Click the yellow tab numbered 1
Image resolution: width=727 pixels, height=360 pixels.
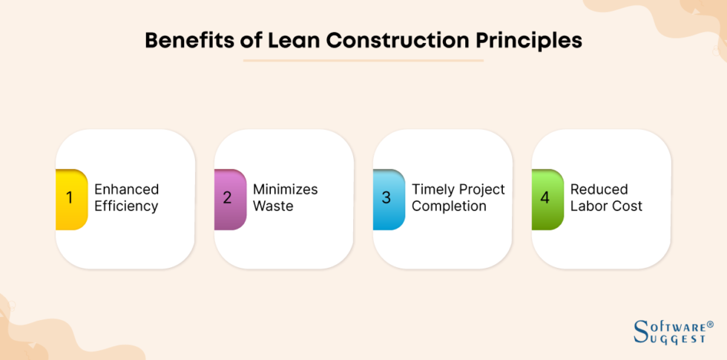(70, 198)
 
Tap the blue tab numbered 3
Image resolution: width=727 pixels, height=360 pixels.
(387, 198)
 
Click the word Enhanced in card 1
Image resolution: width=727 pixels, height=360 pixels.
(127, 189)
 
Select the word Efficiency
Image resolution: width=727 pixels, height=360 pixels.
(126, 206)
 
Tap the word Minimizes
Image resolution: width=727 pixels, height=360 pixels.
(285, 189)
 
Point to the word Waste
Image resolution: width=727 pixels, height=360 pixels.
(273, 206)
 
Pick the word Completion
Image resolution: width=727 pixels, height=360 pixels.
(449, 206)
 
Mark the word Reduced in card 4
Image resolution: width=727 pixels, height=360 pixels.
(599, 189)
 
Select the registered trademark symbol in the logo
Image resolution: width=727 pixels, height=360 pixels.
(710, 324)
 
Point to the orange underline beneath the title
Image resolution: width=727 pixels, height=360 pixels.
(363, 61)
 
